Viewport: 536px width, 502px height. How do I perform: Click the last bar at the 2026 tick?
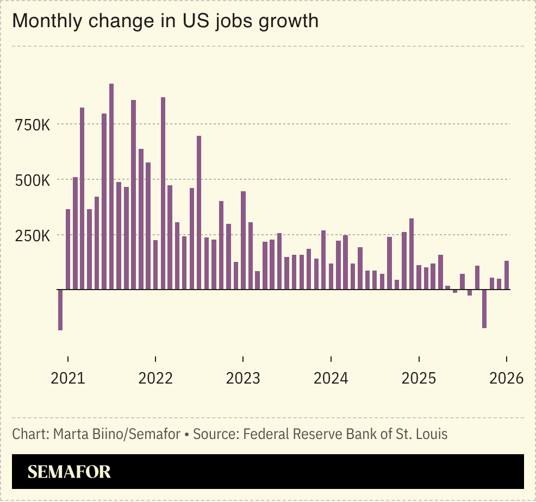(507, 275)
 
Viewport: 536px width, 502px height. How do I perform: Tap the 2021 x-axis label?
(67, 378)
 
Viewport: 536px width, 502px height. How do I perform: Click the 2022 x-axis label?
(155, 378)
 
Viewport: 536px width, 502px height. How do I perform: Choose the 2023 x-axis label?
(243, 378)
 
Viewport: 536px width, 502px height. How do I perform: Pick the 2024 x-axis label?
(331, 378)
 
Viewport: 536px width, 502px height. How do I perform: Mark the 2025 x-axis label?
(419, 378)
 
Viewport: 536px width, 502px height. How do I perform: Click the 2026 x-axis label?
(506, 378)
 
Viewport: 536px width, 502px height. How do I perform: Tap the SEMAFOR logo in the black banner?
(69, 472)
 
